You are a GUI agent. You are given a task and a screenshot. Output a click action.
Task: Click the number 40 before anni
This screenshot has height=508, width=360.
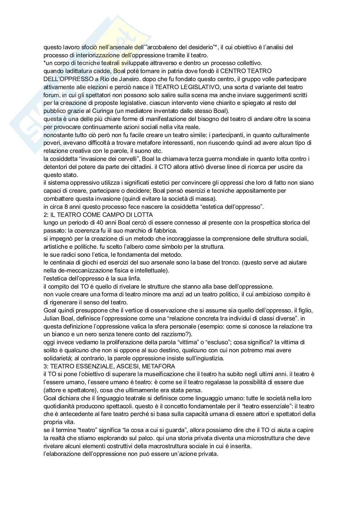[89, 223]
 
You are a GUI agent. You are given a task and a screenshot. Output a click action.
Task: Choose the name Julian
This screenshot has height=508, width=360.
[51, 319]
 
